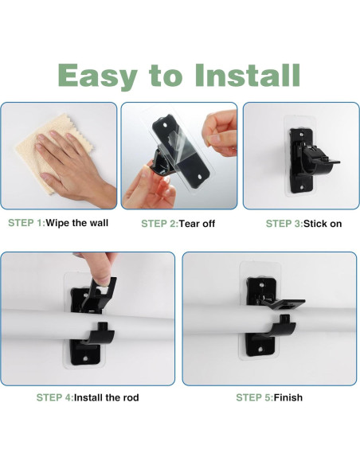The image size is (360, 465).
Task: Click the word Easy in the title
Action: tap(97, 76)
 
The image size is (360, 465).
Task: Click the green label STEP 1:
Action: tap(26, 223)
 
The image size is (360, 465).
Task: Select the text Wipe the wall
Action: tap(77, 223)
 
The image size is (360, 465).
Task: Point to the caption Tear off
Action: tap(197, 223)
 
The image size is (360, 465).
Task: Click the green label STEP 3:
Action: tap(284, 223)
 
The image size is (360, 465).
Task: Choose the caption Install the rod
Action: tap(106, 397)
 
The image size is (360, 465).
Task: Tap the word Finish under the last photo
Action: tap(288, 397)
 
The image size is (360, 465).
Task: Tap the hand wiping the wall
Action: tap(74, 166)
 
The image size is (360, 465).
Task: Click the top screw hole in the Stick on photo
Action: tap(302, 135)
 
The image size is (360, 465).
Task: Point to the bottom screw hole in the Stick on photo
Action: tap(302, 187)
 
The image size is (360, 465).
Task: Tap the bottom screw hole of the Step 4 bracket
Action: tap(85, 358)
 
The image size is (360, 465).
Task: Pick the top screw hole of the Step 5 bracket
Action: tap(261, 285)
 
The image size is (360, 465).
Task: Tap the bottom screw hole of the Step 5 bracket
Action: tap(260, 350)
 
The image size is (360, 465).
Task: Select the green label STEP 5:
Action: tap(254, 397)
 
